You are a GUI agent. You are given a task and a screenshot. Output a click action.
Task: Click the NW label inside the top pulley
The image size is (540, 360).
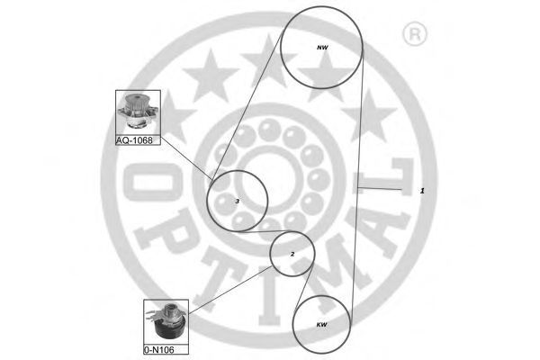(x=322, y=48)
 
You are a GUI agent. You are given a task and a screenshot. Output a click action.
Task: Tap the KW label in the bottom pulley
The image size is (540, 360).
(x=321, y=325)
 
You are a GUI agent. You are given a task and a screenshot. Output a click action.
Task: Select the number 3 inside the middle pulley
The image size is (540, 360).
(x=237, y=202)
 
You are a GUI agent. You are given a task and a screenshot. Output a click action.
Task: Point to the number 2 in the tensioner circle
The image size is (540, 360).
(x=292, y=254)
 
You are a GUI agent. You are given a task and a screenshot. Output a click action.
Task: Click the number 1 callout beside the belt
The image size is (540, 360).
(x=422, y=191)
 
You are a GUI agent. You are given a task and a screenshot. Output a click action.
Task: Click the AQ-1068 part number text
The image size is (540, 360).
(x=134, y=140)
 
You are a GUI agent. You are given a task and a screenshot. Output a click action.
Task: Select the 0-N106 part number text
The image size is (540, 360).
(x=159, y=350)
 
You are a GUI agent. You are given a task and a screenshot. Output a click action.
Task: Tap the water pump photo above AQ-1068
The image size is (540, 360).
(x=138, y=112)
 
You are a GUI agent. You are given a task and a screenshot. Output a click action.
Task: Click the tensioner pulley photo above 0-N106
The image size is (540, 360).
(x=166, y=322)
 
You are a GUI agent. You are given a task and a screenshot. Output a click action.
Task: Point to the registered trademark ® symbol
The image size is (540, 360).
(x=415, y=34)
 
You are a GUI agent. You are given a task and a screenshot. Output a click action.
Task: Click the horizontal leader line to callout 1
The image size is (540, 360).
(x=380, y=188)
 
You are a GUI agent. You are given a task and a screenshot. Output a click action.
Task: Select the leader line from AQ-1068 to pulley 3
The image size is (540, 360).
(x=186, y=158)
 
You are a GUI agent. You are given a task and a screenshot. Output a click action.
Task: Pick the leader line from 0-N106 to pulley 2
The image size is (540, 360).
(x=230, y=290)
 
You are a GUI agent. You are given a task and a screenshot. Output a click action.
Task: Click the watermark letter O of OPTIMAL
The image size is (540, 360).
(x=151, y=182)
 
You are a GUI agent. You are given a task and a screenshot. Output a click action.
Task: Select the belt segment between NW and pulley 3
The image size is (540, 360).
(x=247, y=105)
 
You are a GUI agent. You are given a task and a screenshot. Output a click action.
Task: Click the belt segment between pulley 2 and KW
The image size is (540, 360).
(x=304, y=285)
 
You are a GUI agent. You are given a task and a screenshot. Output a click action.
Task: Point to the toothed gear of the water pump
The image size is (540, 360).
(x=135, y=102)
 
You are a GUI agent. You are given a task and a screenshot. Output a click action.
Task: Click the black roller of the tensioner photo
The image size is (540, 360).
(x=170, y=328)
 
